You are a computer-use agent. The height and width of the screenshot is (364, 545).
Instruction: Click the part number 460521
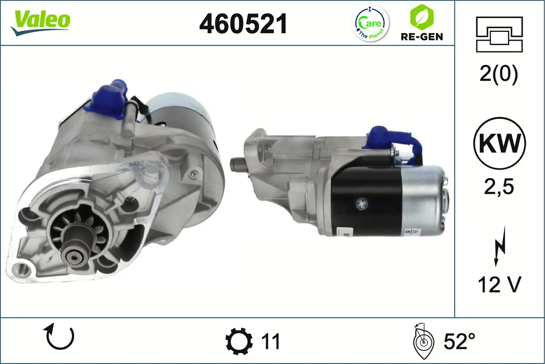pos(243,24)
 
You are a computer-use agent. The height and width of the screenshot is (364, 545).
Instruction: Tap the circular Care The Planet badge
pos(371,23)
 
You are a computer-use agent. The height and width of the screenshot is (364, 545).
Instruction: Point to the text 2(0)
pos(499,75)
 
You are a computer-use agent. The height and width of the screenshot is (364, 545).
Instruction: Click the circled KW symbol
pos(500,143)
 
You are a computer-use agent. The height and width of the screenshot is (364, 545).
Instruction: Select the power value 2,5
pos(499,187)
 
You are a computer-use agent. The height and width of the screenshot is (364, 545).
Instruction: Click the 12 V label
pos(499,284)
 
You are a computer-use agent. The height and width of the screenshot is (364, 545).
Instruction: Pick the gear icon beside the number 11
pos(239,341)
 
